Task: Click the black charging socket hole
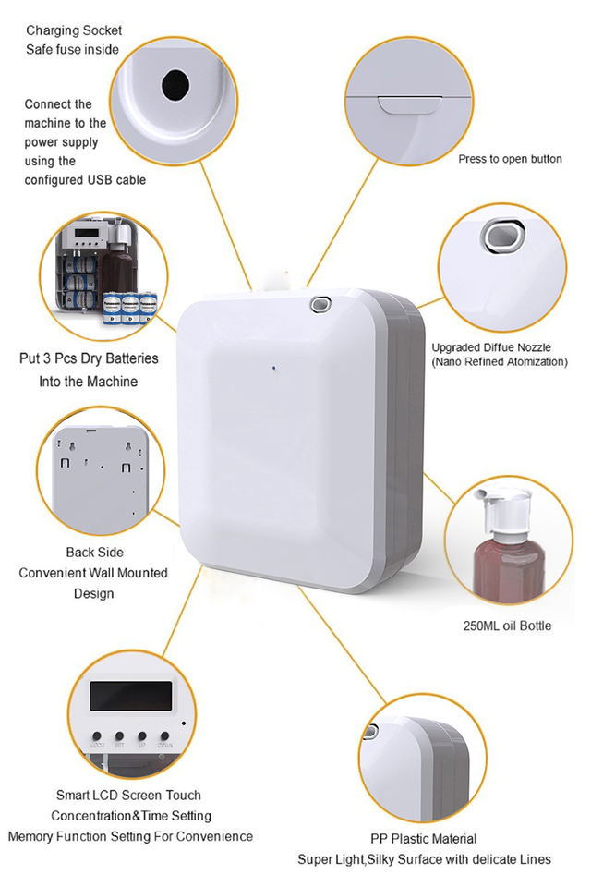(x=175, y=85)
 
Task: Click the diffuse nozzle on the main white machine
(x=320, y=302)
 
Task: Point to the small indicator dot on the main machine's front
(x=274, y=368)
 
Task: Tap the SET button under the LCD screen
(x=120, y=737)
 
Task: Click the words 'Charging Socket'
(x=73, y=31)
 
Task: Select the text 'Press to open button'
(x=510, y=159)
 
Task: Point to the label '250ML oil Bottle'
(x=507, y=626)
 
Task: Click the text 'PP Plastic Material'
(x=424, y=838)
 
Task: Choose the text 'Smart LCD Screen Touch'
(x=128, y=795)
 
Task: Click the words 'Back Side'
(x=94, y=553)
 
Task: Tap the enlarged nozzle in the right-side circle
(x=502, y=237)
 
